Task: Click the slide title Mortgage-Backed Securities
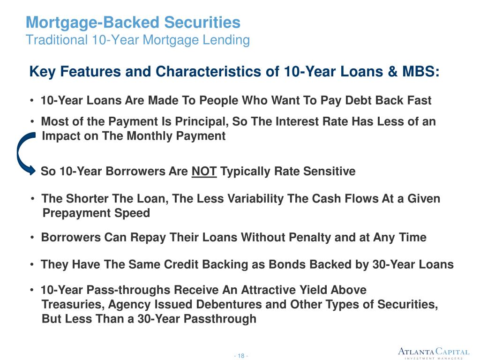click(x=133, y=22)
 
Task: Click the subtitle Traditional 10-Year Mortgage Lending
click(x=137, y=40)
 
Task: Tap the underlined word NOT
click(x=204, y=172)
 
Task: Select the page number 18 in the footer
click(x=241, y=356)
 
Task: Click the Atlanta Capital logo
click(x=433, y=353)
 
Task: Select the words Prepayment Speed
click(x=96, y=213)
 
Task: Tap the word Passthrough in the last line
click(x=223, y=319)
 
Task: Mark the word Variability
click(x=255, y=199)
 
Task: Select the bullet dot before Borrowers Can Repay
click(x=31, y=238)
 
